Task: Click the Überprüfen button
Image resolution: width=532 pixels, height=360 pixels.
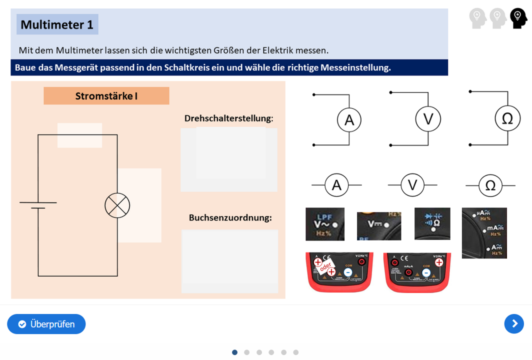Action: pos(46,324)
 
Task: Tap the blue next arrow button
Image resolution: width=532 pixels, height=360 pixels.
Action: pos(514,324)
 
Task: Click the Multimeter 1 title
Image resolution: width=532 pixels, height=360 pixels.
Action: pos(57,24)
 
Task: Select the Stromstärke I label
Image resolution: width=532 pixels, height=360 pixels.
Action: pos(106,95)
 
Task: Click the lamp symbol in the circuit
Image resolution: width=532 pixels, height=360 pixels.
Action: pos(117,205)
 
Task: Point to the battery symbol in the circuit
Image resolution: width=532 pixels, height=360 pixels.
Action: pos(38,205)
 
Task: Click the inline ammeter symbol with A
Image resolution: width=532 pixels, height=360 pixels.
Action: pos(336,185)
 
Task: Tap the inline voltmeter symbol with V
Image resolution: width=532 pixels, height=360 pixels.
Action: pos(412,185)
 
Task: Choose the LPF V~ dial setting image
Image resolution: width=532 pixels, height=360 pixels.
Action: pos(325,224)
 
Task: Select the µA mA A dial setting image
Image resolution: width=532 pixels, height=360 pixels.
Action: pos(484,233)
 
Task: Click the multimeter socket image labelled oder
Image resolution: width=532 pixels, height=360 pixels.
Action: pos(339,272)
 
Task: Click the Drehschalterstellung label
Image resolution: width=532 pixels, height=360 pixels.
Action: pos(228,118)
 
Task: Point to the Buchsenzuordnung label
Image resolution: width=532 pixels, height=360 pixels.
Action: pos(230,218)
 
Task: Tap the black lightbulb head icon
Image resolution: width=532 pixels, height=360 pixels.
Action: pos(518,18)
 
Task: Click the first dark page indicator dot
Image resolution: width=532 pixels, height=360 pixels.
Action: pos(234,352)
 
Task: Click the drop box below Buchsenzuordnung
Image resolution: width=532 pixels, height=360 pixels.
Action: pos(229,261)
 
